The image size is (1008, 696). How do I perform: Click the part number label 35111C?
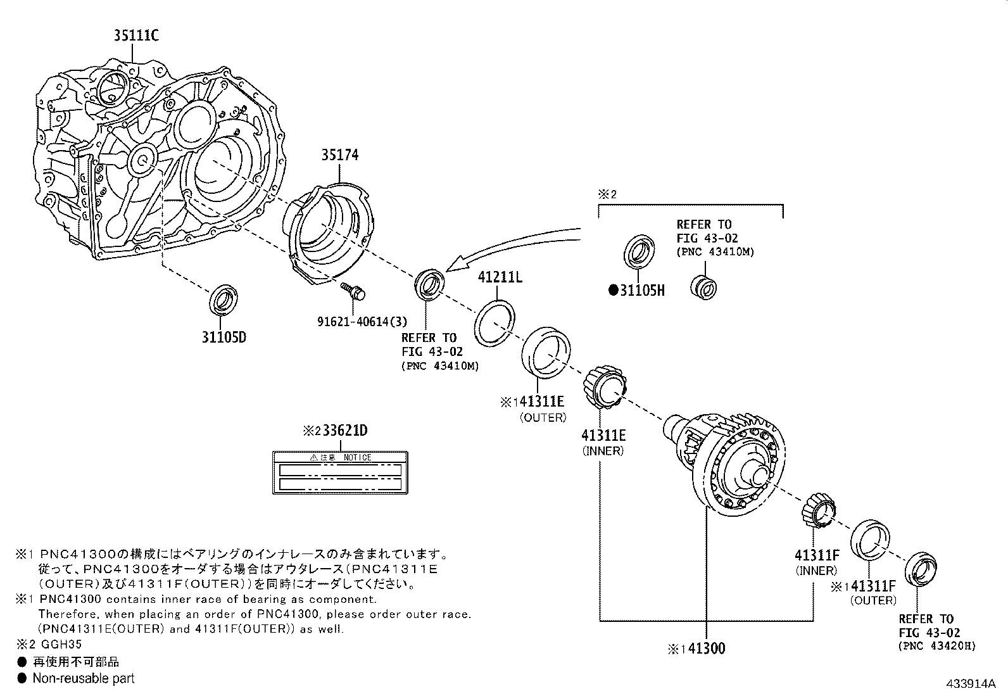pyautogui.click(x=136, y=35)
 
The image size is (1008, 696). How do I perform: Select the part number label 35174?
pyautogui.click(x=339, y=155)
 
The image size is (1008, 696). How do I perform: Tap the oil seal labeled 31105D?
pyautogui.click(x=225, y=300)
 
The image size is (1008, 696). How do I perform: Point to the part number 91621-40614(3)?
pyautogui.click(x=362, y=321)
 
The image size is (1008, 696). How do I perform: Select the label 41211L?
pyautogui.click(x=500, y=277)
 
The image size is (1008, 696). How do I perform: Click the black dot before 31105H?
pyautogui.click(x=613, y=291)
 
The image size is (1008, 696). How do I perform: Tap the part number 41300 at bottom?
pyautogui.click(x=706, y=649)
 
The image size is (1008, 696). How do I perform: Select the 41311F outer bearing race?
pyautogui.click(x=871, y=540)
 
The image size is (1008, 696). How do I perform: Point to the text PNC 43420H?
pyautogui.click(x=937, y=647)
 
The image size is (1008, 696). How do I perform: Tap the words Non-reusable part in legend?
pyautogui.click(x=84, y=678)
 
